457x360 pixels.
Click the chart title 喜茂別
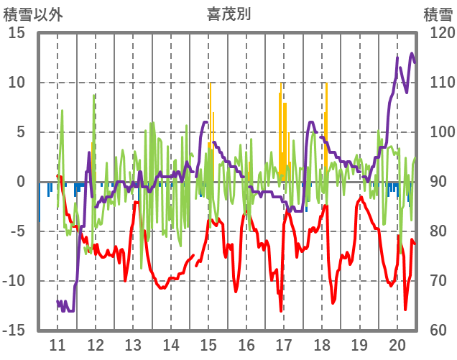click(229, 14)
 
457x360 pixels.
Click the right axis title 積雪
click(438, 14)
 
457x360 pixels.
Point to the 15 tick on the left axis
click(17, 33)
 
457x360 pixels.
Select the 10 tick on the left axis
click(17, 83)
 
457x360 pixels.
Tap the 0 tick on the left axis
click(21, 182)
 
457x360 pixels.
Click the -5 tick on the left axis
click(17, 231)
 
